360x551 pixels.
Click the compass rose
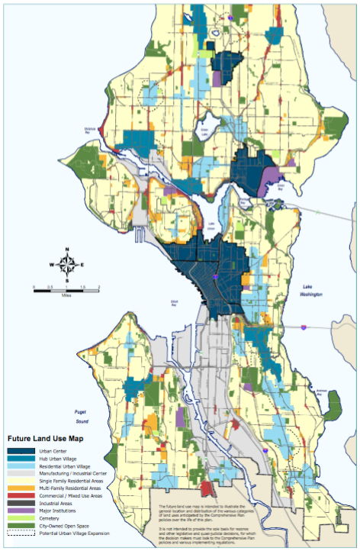click(67, 265)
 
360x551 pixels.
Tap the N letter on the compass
click(67, 250)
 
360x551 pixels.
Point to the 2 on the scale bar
click(98, 286)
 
